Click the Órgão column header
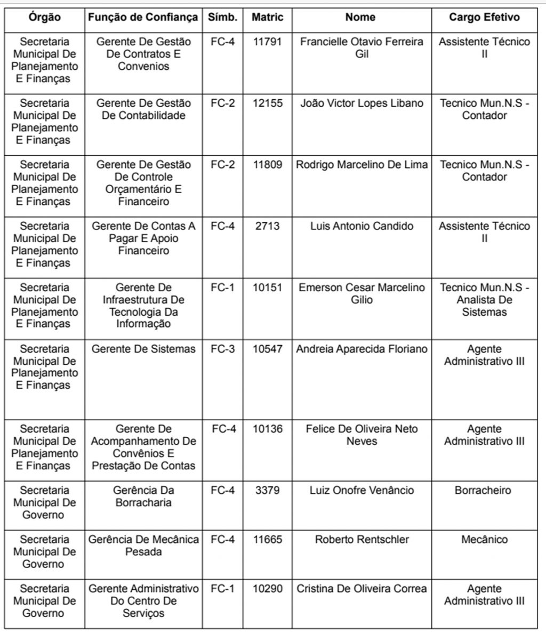pyautogui.click(x=45, y=18)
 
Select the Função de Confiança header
pyautogui.click(x=143, y=18)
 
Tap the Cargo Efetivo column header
pyautogui.click(x=484, y=18)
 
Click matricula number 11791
pyautogui.click(x=267, y=42)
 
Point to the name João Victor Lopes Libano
pyautogui.click(x=362, y=103)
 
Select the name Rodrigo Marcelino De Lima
pyautogui.click(x=362, y=165)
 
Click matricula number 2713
pyautogui.click(x=267, y=226)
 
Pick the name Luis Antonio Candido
pyautogui.click(x=362, y=226)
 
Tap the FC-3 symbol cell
pyautogui.click(x=222, y=349)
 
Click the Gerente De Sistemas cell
pyautogui.click(x=143, y=349)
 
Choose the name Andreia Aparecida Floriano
pyautogui.click(x=362, y=349)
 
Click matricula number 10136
pyautogui.click(x=267, y=429)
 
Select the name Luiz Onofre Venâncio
pyautogui.click(x=362, y=491)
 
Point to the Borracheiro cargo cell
pyautogui.click(x=484, y=491)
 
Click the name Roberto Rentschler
pyautogui.click(x=362, y=540)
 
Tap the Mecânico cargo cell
pyautogui.click(x=484, y=540)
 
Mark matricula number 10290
pyautogui.click(x=267, y=589)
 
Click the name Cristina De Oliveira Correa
pyautogui.click(x=362, y=589)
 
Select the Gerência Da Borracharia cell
pyautogui.click(x=143, y=497)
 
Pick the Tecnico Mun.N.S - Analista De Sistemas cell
pyautogui.click(x=484, y=300)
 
